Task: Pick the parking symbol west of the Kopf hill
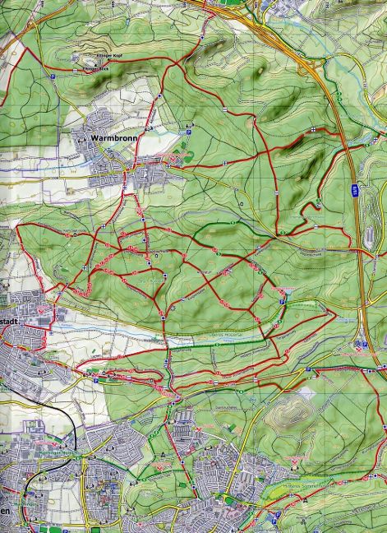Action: click(x=53, y=73)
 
